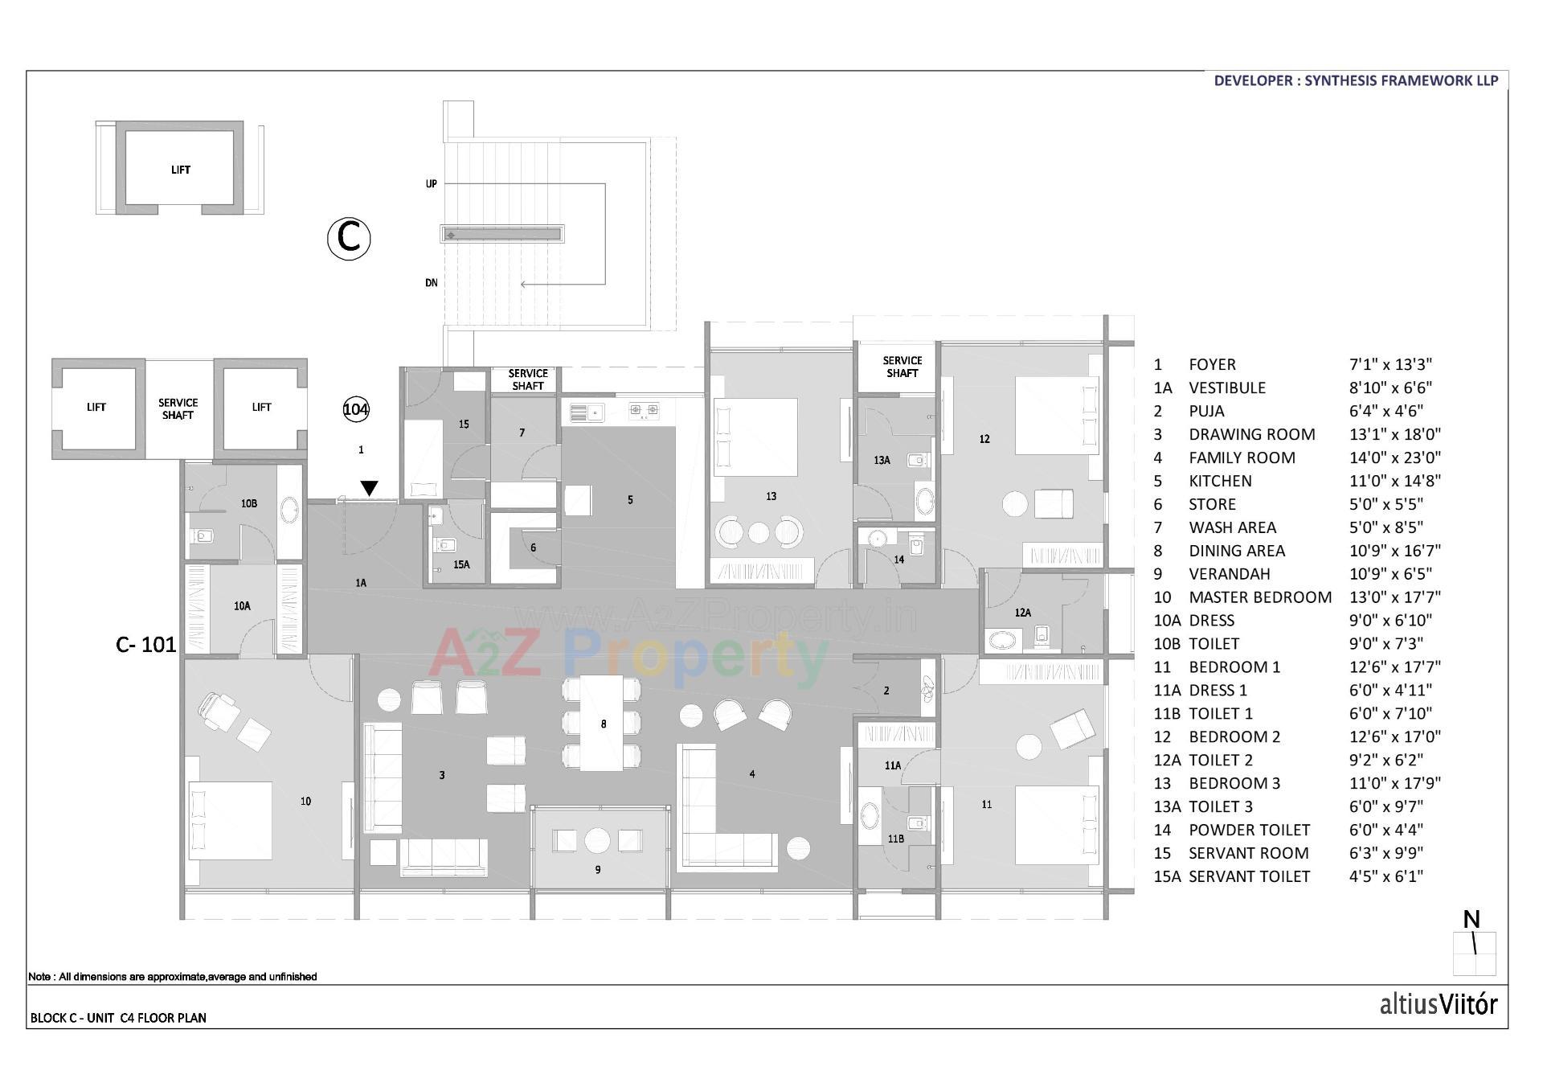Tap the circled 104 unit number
[x=356, y=409]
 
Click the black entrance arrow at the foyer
[x=369, y=488]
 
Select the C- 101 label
[x=146, y=645]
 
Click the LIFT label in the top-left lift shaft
[x=181, y=170]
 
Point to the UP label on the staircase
[x=432, y=184]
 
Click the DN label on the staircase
[x=432, y=283]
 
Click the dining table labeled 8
[x=601, y=724]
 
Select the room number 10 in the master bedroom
[x=305, y=801]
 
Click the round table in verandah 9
[x=597, y=840]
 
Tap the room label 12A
[x=1022, y=613]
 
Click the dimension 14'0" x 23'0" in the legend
[x=1394, y=457]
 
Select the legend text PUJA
[x=1206, y=411]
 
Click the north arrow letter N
[x=1471, y=919]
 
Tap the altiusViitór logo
[x=1438, y=1004]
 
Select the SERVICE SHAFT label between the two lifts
[x=178, y=408]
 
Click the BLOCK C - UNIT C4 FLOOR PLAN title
[x=118, y=1018]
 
